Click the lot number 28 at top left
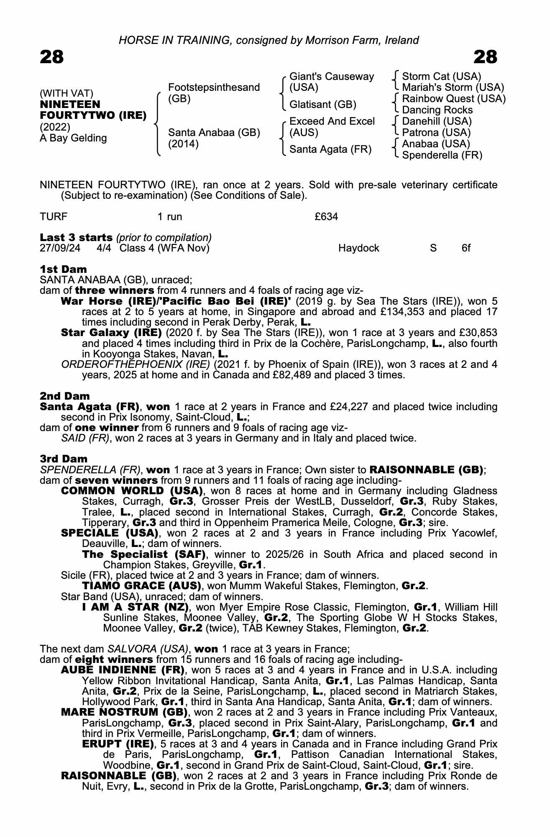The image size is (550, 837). click(x=52, y=57)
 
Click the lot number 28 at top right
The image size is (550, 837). click(x=485, y=57)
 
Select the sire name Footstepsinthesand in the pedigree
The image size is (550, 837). click(x=214, y=87)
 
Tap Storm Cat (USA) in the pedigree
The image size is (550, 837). click(x=441, y=77)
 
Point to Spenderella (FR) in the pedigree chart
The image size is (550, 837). click(x=442, y=155)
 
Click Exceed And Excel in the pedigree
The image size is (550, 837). click(x=332, y=121)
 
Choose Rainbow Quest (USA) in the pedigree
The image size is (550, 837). click(x=453, y=99)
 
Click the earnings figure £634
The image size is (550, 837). click(x=326, y=217)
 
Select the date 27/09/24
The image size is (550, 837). click(x=60, y=248)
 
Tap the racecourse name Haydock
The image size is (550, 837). click(x=358, y=248)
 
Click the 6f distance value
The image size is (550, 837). click(x=466, y=248)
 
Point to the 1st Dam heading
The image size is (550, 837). click(x=64, y=269)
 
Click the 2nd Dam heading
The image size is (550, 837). click(x=65, y=396)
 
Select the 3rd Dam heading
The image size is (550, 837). click(x=64, y=459)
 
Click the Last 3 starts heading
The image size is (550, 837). click(x=76, y=238)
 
